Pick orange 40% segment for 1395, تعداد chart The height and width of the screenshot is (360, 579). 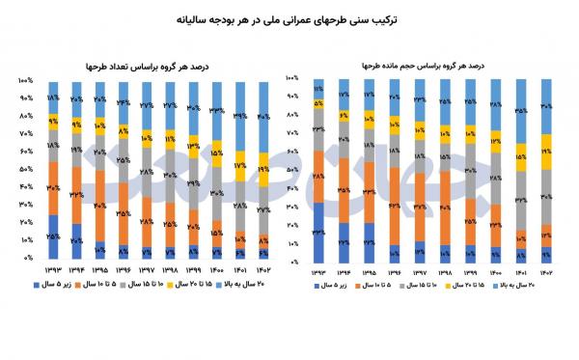coord(100,205)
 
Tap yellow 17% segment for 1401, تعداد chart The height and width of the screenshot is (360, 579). coord(241,168)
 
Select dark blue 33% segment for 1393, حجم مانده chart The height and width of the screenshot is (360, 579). coord(318,233)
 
